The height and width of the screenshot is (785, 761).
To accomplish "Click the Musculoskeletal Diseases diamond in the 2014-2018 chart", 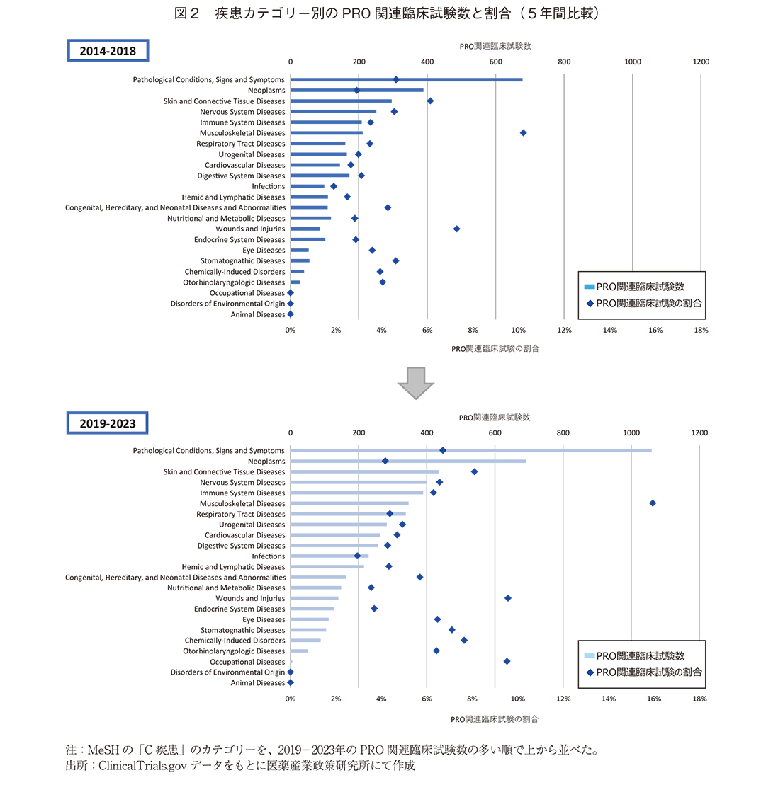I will (523, 132).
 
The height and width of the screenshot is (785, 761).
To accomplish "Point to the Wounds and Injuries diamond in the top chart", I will (456, 229).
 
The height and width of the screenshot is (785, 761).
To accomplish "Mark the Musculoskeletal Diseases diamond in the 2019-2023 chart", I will (653, 503).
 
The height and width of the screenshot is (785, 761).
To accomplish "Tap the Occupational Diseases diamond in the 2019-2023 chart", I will (507, 661).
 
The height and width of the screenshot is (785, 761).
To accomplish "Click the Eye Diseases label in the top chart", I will (264, 251).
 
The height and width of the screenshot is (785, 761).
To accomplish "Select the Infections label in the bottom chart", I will (269, 556).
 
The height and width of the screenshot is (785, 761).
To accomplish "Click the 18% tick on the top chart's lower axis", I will (700, 331).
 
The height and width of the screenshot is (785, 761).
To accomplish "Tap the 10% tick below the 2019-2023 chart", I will (518, 699).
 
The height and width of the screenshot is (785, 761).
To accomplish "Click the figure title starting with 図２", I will (380, 13).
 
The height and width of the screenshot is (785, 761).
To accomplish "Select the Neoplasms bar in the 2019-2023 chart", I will (408, 461).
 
